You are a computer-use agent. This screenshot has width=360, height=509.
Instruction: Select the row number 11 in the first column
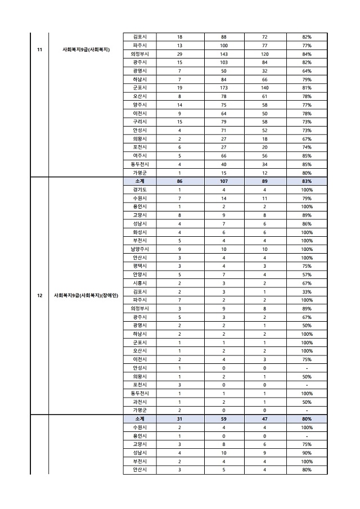[x=39, y=49]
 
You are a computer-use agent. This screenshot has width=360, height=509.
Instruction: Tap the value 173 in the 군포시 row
[x=223, y=88]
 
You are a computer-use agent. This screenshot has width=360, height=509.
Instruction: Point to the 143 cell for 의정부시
[x=223, y=54]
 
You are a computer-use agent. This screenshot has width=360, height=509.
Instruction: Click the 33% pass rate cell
[x=307, y=292]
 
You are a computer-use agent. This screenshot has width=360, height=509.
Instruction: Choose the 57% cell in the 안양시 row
[x=307, y=275]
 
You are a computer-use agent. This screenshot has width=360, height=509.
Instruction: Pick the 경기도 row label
[x=139, y=190]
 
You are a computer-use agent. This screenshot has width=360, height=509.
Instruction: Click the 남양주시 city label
[x=139, y=249]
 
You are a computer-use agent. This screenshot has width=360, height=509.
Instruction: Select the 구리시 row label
[x=139, y=121]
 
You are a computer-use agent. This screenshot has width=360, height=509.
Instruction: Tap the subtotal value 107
[x=223, y=182]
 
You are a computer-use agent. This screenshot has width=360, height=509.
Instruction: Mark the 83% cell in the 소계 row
[x=307, y=182]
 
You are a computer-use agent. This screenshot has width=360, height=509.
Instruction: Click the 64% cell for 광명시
[x=307, y=71]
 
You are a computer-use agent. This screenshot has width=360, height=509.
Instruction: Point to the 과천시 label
[x=139, y=402]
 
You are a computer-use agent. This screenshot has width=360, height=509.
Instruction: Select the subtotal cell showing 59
[x=223, y=419]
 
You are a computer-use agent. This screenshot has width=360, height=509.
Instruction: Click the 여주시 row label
[x=139, y=156]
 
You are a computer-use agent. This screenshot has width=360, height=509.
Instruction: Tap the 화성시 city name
[x=139, y=232]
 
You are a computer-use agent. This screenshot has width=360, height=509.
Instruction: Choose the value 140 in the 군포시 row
[x=265, y=88]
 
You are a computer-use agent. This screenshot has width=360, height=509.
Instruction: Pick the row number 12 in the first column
[x=39, y=295]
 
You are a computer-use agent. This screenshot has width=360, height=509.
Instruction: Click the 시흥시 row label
[x=139, y=283]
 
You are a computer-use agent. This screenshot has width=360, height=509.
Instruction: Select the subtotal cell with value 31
[x=179, y=419]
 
